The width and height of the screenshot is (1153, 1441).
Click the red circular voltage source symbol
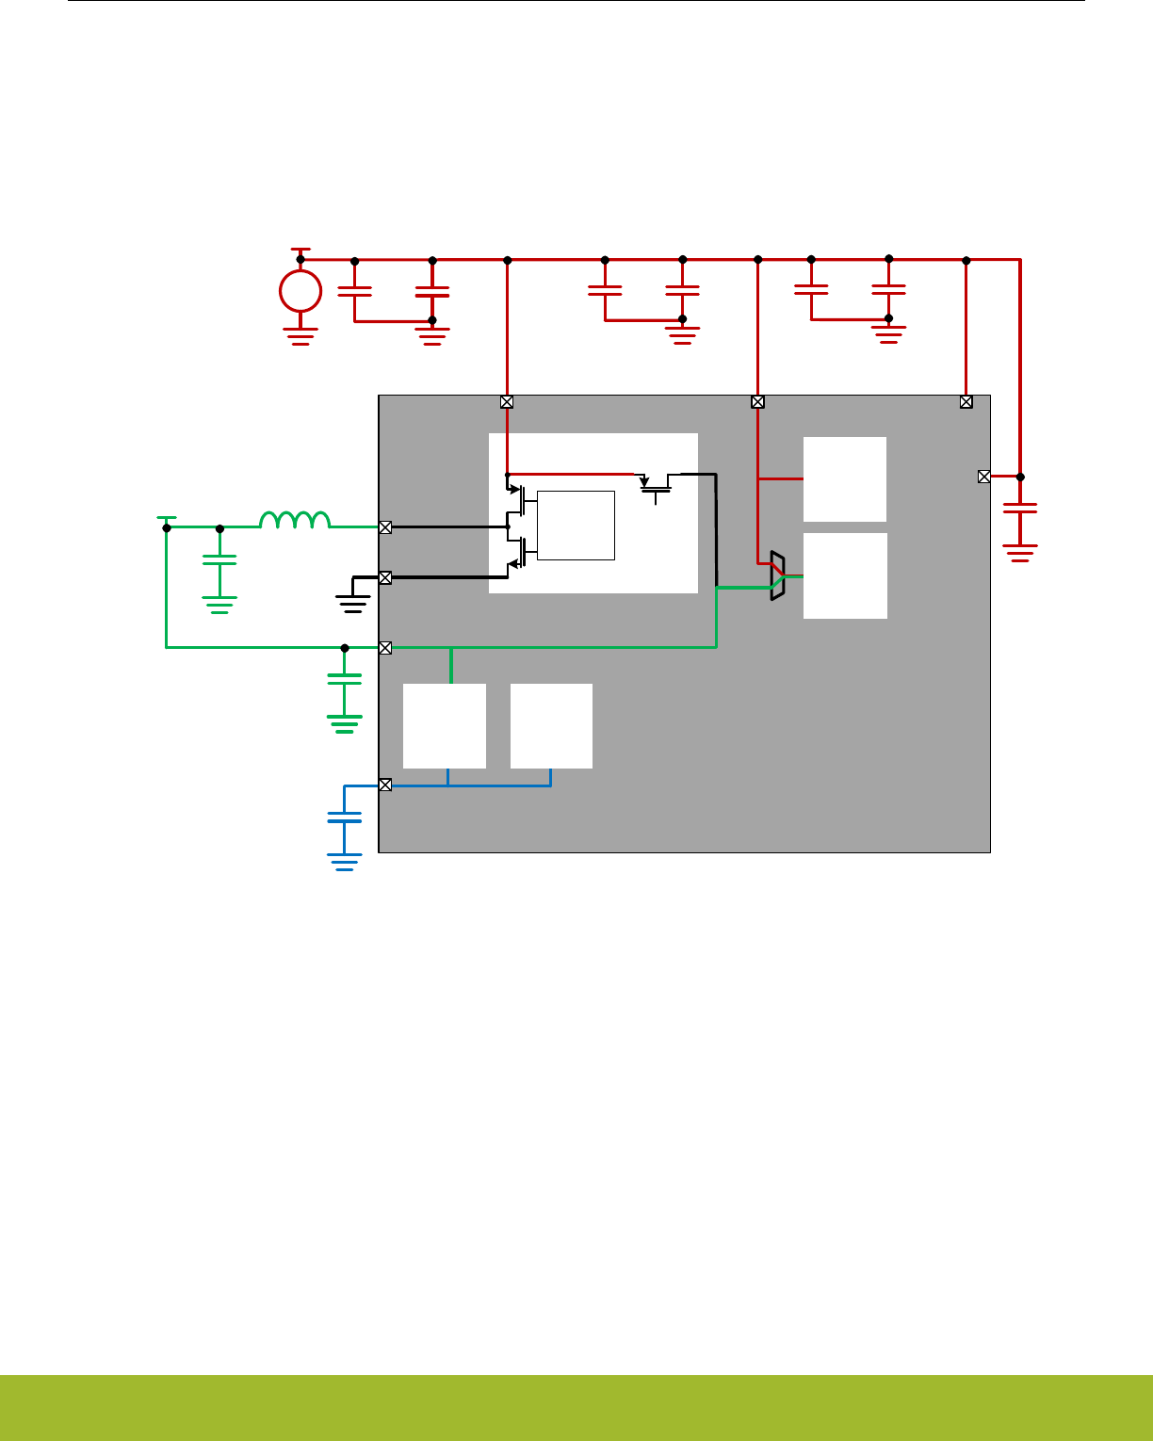pyautogui.click(x=300, y=291)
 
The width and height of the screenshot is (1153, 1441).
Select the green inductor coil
pyautogui.click(x=295, y=520)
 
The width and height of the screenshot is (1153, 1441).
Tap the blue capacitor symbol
pyautogui.click(x=344, y=818)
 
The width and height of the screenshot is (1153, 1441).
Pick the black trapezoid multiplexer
pyautogui.click(x=777, y=575)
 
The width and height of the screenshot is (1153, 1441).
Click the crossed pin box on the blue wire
pyautogui.click(x=385, y=785)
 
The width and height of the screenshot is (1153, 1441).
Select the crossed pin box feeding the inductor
pyautogui.click(x=385, y=527)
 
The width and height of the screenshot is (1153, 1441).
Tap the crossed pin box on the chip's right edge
pyautogui.click(x=984, y=477)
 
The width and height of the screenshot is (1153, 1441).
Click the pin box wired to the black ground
pyautogui.click(x=385, y=577)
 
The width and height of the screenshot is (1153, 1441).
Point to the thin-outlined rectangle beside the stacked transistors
pyautogui.click(x=576, y=525)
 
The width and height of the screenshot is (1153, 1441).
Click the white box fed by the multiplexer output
pyautogui.click(x=845, y=575)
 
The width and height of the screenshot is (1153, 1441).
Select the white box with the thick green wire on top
pyautogui.click(x=445, y=725)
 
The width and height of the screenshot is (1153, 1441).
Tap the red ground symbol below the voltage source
pyautogui.click(x=300, y=337)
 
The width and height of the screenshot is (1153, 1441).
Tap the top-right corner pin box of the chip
pyautogui.click(x=966, y=401)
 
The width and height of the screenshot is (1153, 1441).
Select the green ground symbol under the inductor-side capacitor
pyautogui.click(x=219, y=605)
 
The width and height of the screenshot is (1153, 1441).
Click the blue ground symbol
pyautogui.click(x=344, y=862)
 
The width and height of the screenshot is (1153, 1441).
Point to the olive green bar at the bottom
pyautogui.click(x=576, y=1407)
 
